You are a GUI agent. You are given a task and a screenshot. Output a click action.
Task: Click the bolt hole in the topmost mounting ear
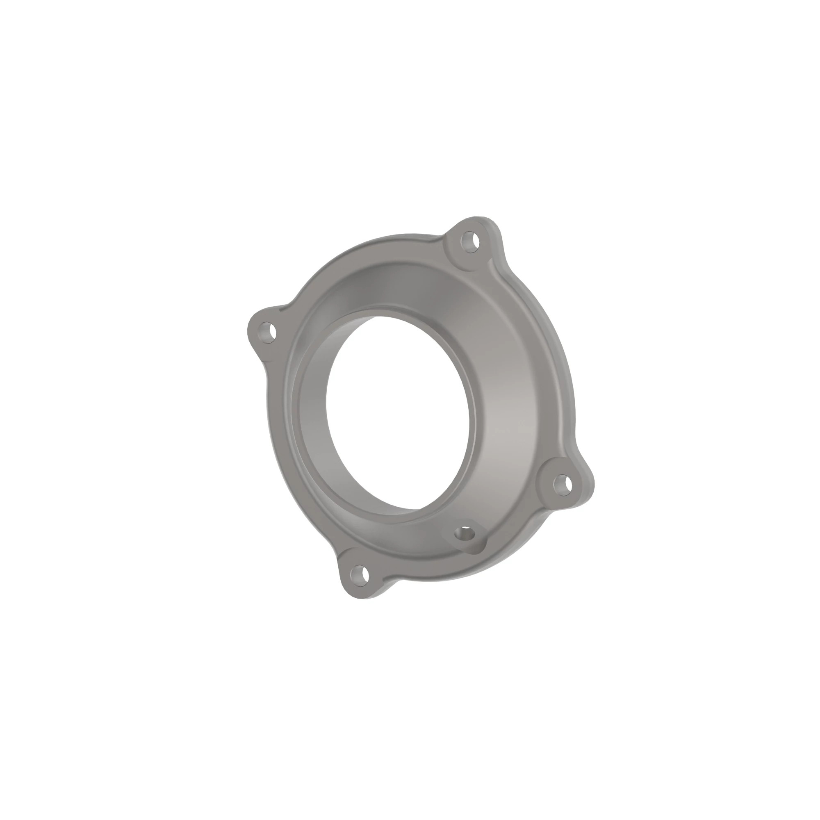[x=470, y=243]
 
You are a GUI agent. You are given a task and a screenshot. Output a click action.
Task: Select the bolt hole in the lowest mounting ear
[x=359, y=575]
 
